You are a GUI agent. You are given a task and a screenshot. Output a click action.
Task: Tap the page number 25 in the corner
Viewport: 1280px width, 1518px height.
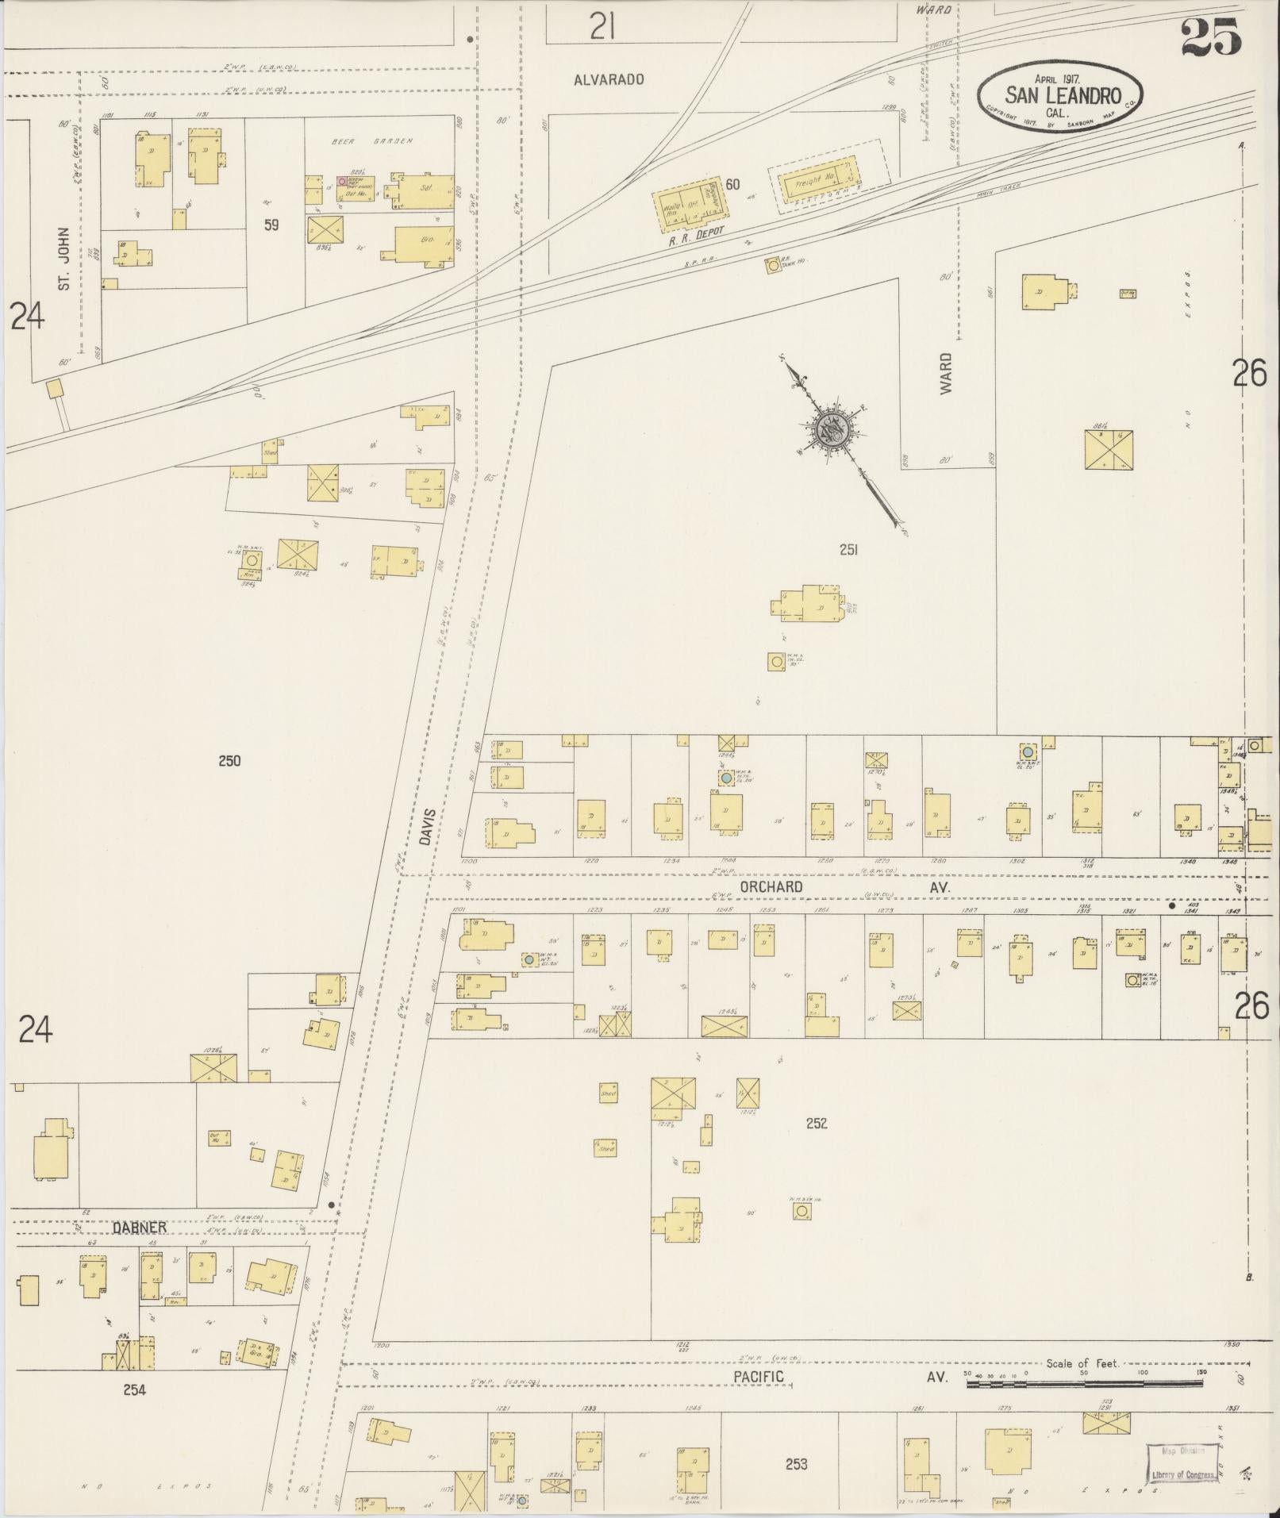[1211, 37]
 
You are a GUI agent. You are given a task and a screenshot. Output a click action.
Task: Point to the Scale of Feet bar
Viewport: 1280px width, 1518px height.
[1083, 1382]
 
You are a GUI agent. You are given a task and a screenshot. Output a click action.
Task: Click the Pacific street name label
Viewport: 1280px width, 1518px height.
[758, 1377]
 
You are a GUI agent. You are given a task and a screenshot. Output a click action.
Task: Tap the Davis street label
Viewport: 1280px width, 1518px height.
[428, 826]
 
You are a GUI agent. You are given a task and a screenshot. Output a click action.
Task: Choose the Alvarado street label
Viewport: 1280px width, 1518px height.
[609, 79]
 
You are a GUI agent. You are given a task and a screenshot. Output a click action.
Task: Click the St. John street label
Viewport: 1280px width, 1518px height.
[65, 258]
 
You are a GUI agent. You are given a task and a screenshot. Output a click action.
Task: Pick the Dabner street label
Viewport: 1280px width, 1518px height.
[138, 1228]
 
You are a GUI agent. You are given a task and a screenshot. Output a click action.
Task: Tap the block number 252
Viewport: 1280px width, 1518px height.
[817, 1123]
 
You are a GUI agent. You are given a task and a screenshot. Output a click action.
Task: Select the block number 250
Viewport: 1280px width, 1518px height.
[229, 761]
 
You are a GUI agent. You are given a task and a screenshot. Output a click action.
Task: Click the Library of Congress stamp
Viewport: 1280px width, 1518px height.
[1182, 1462]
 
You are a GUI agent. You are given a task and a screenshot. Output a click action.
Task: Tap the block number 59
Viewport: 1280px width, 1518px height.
[271, 225]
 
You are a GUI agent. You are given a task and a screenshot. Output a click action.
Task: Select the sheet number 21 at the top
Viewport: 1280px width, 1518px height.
[603, 29]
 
